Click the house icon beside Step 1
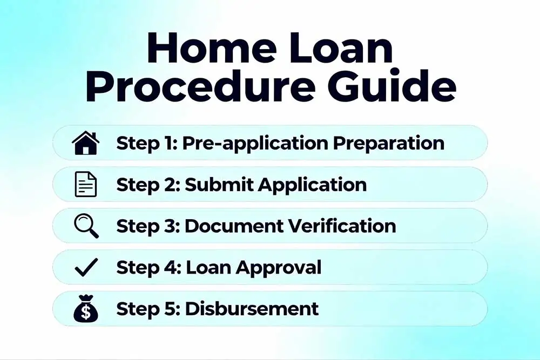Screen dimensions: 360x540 point(85,143)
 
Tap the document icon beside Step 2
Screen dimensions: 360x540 point(85,185)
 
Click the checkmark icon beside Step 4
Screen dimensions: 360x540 point(86,267)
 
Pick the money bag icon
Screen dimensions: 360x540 point(85,309)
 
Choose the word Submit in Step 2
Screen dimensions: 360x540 point(219,185)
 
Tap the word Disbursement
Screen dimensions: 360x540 point(252,309)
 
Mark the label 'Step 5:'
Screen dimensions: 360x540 point(148,309)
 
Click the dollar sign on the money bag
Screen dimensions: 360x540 point(85,313)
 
